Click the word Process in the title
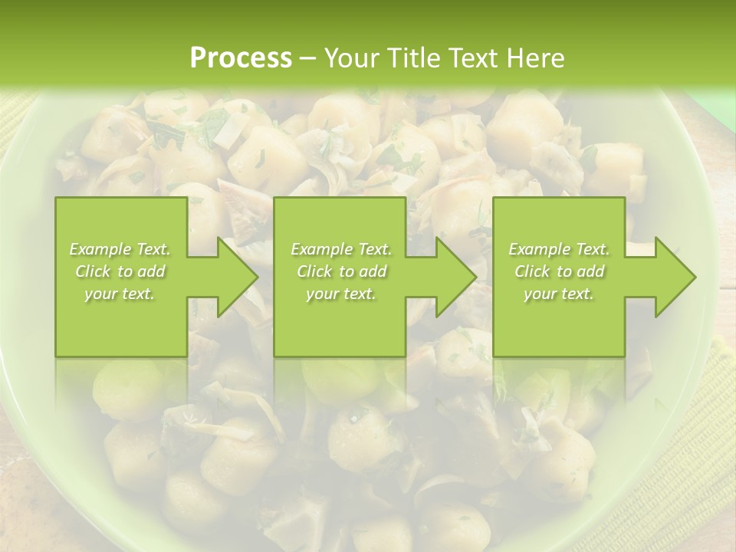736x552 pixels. pyautogui.click(x=241, y=58)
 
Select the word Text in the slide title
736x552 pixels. pyautogui.click(x=474, y=58)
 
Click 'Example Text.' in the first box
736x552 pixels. pyautogui.click(x=120, y=249)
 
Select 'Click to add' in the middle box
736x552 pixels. pyautogui.click(x=341, y=271)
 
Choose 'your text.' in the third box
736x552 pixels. pyautogui.click(x=559, y=294)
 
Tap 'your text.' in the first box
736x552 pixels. pyautogui.click(x=120, y=294)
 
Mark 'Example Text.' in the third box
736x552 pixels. pyautogui.click(x=559, y=249)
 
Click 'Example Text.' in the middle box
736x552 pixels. pyautogui.click(x=341, y=249)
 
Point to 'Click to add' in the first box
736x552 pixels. pyautogui.click(x=120, y=271)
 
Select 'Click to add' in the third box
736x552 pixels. pyautogui.click(x=559, y=271)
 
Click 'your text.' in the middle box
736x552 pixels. pyautogui.click(x=341, y=294)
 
